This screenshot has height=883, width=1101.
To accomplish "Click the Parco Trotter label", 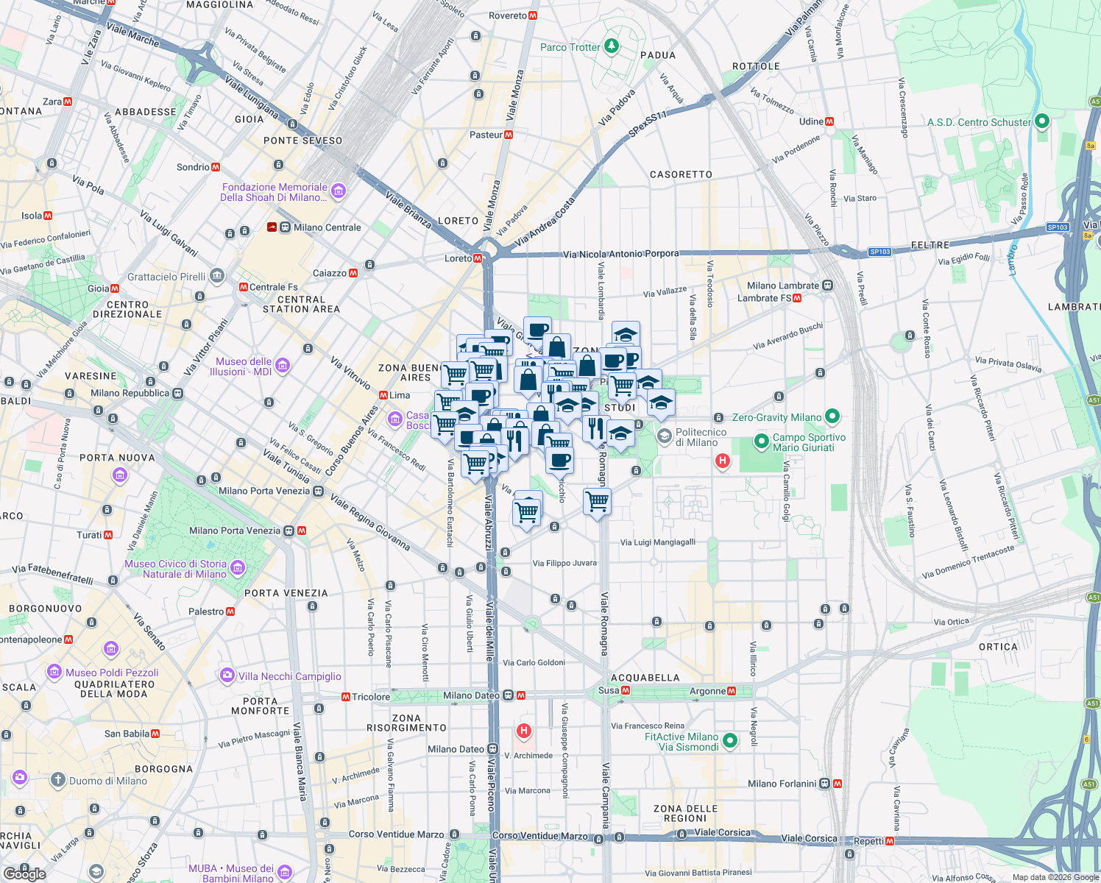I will (x=570, y=47).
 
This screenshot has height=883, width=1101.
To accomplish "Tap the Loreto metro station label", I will (x=459, y=258).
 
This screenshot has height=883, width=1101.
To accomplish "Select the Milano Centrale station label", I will (x=327, y=227).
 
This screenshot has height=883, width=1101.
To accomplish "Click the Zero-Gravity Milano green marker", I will (x=832, y=416).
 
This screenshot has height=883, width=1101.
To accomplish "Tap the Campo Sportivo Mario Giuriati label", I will (x=808, y=442).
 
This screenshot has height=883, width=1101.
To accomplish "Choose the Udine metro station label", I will (x=811, y=121).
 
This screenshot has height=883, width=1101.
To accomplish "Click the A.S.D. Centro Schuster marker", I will (x=1041, y=121).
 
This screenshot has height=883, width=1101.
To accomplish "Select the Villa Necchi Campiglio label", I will (x=289, y=676).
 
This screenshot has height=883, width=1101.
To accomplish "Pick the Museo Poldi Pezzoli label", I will (x=112, y=673).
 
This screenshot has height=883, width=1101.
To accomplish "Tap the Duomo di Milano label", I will (x=107, y=781).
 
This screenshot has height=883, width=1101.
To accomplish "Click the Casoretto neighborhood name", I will (x=681, y=174).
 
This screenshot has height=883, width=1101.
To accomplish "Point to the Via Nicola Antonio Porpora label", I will (x=620, y=254).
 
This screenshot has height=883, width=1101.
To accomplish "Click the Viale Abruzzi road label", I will (x=488, y=522).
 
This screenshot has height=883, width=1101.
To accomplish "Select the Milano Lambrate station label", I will (x=782, y=286).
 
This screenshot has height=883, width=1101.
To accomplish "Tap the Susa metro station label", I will (x=609, y=690).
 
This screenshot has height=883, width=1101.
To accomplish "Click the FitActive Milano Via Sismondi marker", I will (x=729, y=741).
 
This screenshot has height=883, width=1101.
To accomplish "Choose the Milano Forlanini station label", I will (x=782, y=784).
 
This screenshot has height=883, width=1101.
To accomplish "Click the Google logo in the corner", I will (x=24, y=874).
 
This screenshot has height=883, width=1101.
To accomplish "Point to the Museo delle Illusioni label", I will (x=243, y=366).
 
